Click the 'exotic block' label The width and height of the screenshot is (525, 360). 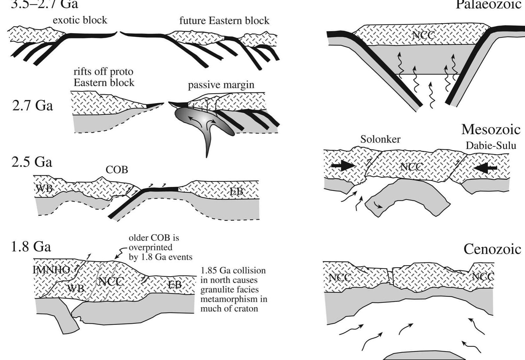[x=80, y=20]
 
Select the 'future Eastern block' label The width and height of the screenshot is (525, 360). [x=224, y=21]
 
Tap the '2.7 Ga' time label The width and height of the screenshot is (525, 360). [x=32, y=105]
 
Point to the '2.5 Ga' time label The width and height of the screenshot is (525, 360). [x=32, y=162]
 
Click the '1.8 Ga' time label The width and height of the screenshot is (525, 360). [x=31, y=246]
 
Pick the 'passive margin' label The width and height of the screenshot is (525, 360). [x=221, y=85]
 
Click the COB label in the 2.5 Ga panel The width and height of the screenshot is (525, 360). [x=117, y=170]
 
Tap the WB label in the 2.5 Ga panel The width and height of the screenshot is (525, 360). [x=43, y=189]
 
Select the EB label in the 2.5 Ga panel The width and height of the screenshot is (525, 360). [x=236, y=191]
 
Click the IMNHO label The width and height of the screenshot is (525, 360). [x=51, y=270]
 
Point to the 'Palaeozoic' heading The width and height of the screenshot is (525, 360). [x=488, y=5]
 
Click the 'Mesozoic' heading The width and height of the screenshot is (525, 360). [x=491, y=129]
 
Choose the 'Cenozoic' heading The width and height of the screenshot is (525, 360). [x=492, y=249]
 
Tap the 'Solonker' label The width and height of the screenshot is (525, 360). [x=380, y=139]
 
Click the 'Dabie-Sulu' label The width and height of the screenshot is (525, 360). [x=491, y=146]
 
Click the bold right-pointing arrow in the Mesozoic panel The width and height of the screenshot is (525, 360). [x=343, y=166]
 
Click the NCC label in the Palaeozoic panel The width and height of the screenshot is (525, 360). [x=423, y=35]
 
